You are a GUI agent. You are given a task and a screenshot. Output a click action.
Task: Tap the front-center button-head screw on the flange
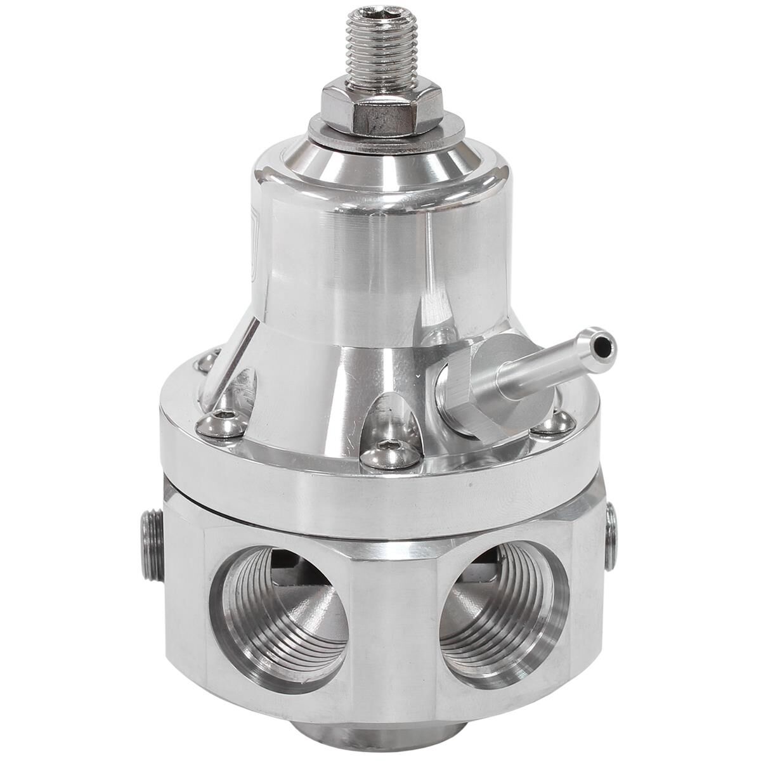(391, 452)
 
